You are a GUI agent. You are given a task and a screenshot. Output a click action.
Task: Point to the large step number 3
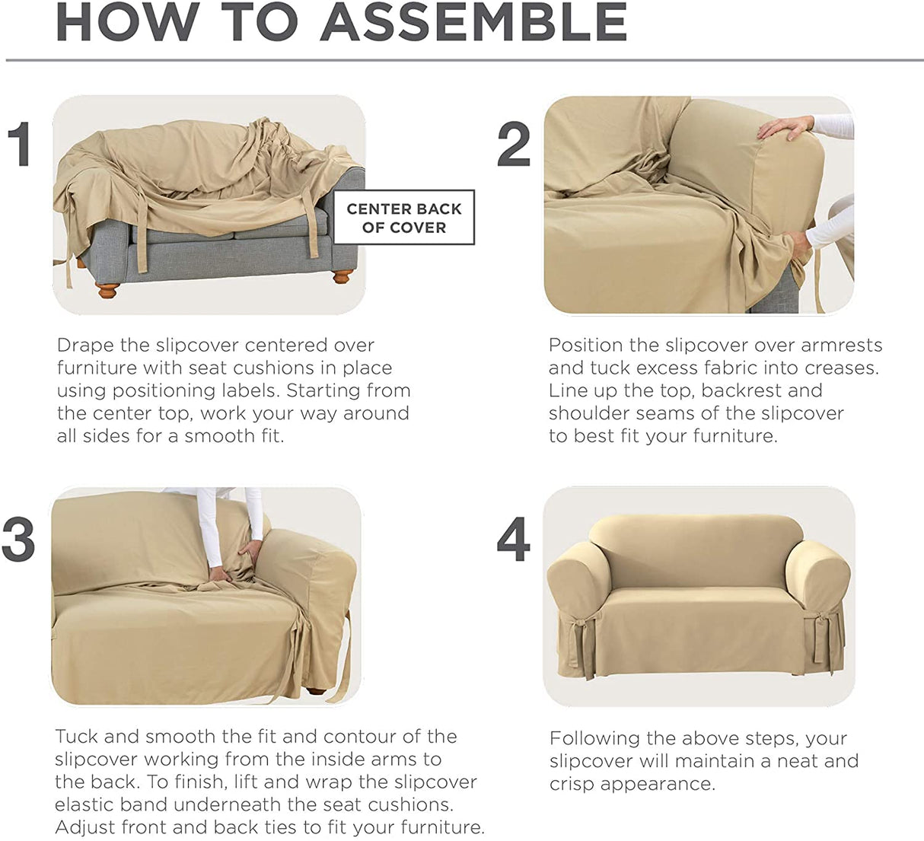click(x=18, y=538)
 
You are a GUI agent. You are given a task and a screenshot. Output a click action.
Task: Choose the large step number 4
click(x=514, y=538)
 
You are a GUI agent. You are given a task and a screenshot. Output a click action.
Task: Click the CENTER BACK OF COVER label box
click(x=404, y=217)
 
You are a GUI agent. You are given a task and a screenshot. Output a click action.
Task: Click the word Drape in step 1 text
click(x=86, y=346)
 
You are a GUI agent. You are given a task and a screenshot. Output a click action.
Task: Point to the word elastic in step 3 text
click(x=84, y=804)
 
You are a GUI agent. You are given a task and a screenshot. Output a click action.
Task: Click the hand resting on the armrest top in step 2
click(x=785, y=127)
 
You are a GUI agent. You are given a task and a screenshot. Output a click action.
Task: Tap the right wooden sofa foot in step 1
click(x=343, y=276)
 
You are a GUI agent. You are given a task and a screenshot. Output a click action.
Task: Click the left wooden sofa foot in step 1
click(x=108, y=291)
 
